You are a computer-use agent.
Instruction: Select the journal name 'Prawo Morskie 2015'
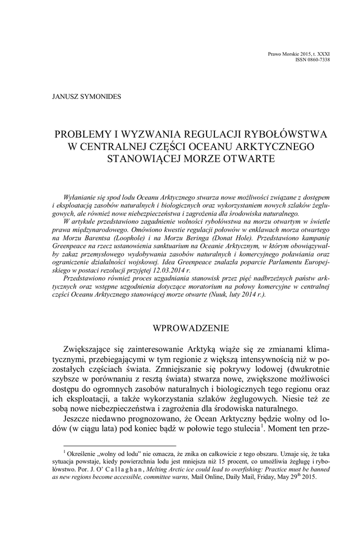(289, 54)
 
